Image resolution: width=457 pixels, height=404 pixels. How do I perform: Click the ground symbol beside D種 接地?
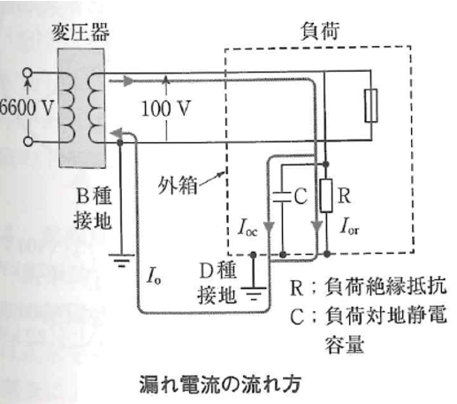point(255,289)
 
